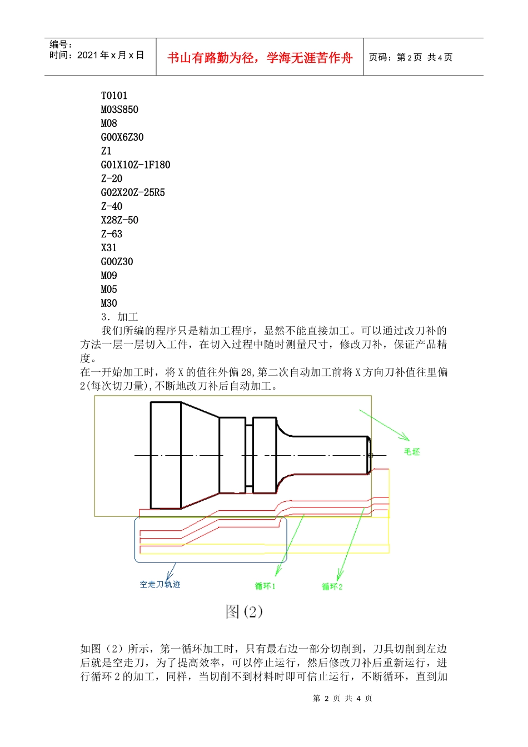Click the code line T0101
pos(114,96)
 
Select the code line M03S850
pos(119,109)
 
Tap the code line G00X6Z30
pos(122,137)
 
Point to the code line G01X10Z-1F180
pos(136,165)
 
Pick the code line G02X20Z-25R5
pos(133,193)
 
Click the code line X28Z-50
pos(119,220)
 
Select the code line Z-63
pos(112,234)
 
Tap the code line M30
pos(109,303)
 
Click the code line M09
pos(109,276)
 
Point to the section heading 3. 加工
pos(119,317)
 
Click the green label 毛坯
pos(412,452)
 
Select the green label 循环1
pos(265,586)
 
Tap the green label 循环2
pos(332,586)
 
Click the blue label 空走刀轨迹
pos(160,584)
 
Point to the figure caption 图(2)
pos(244,611)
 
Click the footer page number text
pos(342,698)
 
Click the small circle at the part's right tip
pos(371,456)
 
